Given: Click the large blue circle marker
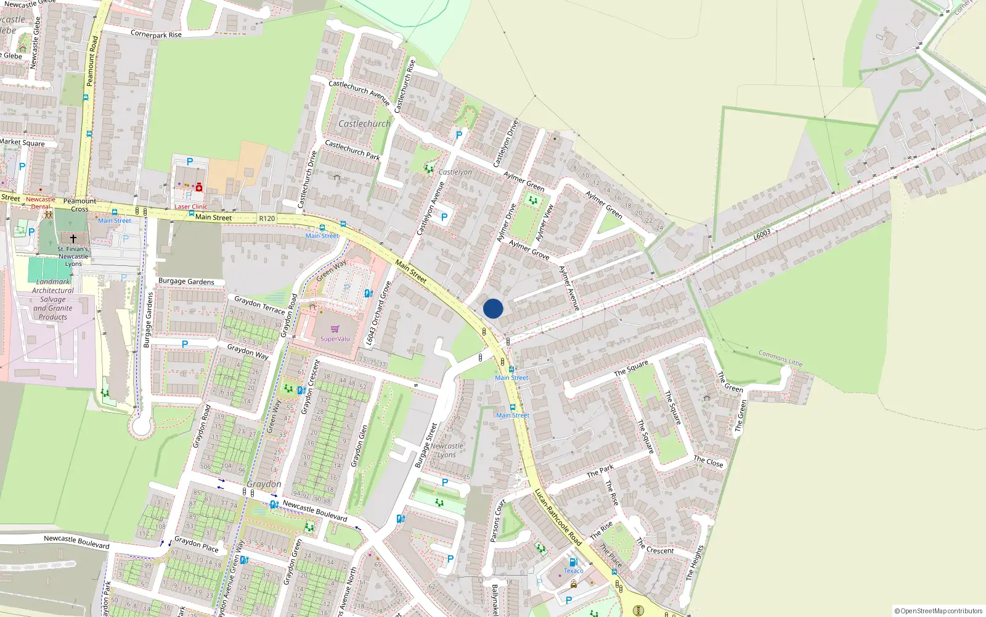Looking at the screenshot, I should coord(493,308).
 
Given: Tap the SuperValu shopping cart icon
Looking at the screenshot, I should coord(335,329).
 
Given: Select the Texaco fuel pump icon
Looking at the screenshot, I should coord(573,562).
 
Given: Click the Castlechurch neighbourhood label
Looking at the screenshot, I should coord(364,123).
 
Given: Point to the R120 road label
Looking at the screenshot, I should coord(267,218).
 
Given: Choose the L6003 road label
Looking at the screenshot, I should coord(762,235).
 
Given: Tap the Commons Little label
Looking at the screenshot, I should coord(780,358).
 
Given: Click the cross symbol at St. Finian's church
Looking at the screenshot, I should coord(73,238).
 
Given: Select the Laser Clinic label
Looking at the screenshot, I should coord(191,207).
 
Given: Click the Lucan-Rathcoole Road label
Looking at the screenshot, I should coord(558,517).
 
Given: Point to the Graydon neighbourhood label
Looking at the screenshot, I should coord(264,484).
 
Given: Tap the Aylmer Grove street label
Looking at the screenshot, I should coord(529,249).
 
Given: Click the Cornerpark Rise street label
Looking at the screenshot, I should coord(156,34).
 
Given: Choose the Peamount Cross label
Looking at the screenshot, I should coord(79,205).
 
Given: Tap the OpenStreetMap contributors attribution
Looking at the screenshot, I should coord(938,611).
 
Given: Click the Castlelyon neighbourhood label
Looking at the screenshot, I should coord(455,172).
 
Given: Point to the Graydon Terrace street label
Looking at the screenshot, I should coord(259,305).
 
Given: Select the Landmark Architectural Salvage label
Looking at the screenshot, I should coord(53,299).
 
